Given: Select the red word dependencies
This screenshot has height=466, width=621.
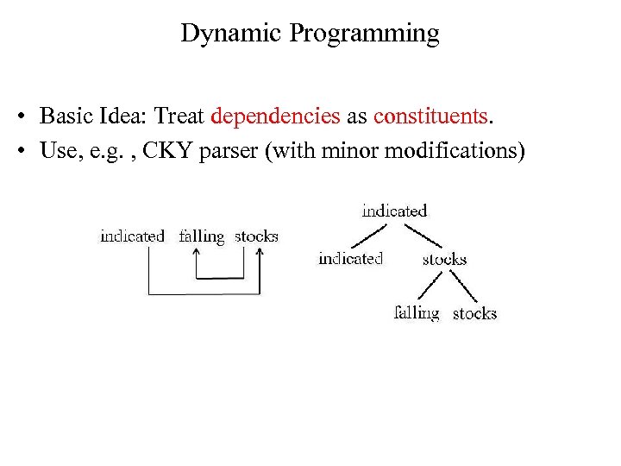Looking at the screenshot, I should [275, 116].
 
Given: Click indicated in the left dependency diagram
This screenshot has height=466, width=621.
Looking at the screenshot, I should [132, 236].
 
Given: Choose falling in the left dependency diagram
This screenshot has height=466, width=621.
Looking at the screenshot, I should [201, 236].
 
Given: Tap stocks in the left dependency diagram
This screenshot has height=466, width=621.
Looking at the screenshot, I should [256, 236].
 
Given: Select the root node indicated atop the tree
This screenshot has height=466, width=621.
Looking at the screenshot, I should [394, 211].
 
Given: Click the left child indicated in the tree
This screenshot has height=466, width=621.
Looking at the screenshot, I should [350, 258].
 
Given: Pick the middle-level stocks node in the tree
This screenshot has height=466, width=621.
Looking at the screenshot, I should [444, 259].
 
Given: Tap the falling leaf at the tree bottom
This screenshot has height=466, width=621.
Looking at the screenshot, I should [417, 312].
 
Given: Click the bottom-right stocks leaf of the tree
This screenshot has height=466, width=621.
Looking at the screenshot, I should [474, 313].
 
